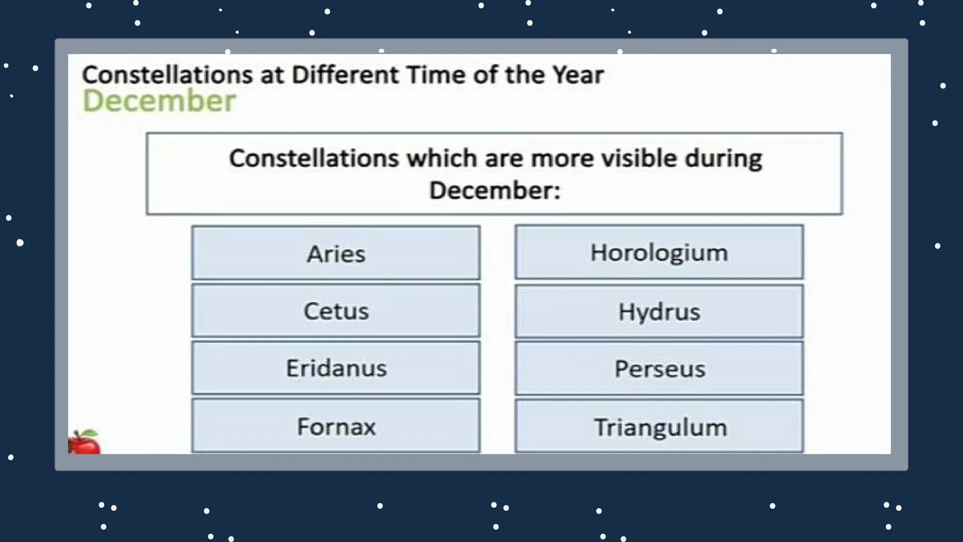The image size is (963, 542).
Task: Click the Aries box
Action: (x=336, y=253)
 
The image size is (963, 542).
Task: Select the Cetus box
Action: (x=336, y=311)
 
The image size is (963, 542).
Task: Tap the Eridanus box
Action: (x=336, y=368)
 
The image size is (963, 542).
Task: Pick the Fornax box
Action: (x=336, y=426)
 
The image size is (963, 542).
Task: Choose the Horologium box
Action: (x=659, y=252)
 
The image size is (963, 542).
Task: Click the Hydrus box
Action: (x=659, y=311)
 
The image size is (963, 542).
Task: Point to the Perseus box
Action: (x=659, y=368)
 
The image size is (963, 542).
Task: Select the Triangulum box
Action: (x=659, y=427)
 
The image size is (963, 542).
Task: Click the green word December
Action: (x=159, y=101)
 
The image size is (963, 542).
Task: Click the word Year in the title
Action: (x=578, y=75)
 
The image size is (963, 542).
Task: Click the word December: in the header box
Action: (x=495, y=191)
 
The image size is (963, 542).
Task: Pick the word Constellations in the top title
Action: (x=167, y=75)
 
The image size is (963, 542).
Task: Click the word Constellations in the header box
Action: (x=314, y=158)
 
